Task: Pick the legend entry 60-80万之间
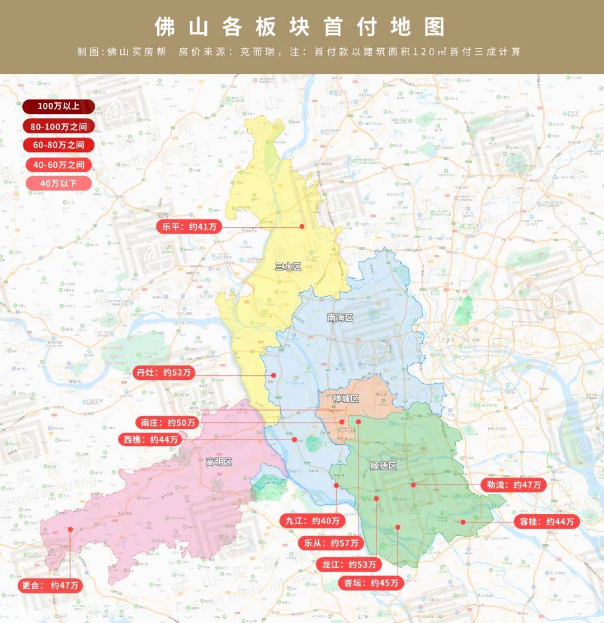[x=59, y=145]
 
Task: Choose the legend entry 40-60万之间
[x=59, y=164]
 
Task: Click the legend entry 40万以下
[x=59, y=183]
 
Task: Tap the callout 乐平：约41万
[x=186, y=226]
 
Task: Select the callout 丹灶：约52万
[x=163, y=373]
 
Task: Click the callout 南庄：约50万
[x=168, y=422]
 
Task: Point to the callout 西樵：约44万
[x=150, y=440]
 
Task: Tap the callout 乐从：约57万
[x=331, y=543]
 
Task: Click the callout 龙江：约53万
[x=348, y=564]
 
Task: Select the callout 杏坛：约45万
[x=371, y=583]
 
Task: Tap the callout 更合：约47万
[x=51, y=586]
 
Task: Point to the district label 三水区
[x=288, y=267]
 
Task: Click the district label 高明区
[x=219, y=462]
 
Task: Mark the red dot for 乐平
[x=301, y=226]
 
